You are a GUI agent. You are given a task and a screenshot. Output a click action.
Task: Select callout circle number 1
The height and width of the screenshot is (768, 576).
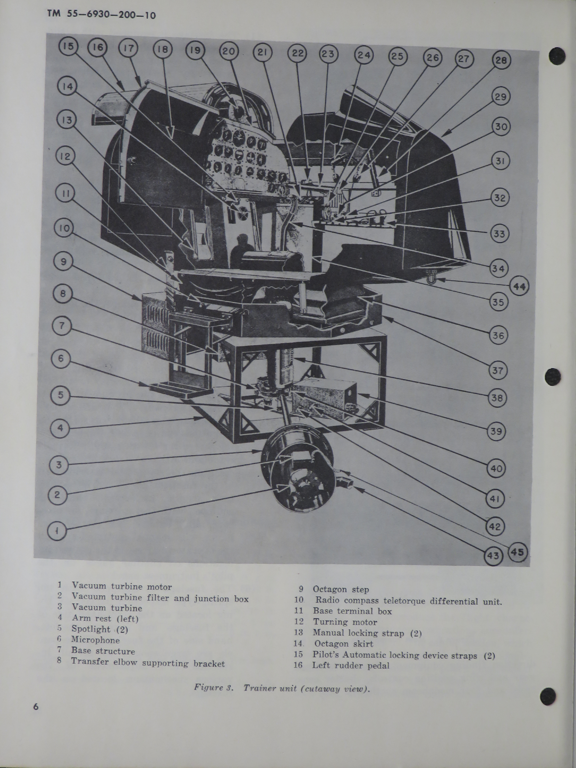pyautogui.click(x=57, y=530)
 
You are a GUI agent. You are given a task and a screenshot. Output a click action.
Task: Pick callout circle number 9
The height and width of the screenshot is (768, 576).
pyautogui.click(x=63, y=261)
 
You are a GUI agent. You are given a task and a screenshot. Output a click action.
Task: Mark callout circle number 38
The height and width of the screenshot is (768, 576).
pyautogui.click(x=497, y=398)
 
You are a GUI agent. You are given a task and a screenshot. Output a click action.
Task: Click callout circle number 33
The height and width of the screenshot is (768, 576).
pyautogui.click(x=499, y=234)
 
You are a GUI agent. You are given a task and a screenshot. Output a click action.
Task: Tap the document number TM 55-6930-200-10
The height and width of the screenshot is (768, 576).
pyautogui.click(x=102, y=15)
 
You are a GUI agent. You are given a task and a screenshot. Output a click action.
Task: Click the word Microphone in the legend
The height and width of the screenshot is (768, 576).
pyautogui.click(x=95, y=640)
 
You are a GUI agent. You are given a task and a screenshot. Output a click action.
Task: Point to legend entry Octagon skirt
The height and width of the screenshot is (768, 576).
pyautogui.click(x=343, y=644)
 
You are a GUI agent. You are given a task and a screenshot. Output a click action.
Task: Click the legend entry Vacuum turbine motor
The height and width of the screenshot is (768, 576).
pyautogui.click(x=122, y=587)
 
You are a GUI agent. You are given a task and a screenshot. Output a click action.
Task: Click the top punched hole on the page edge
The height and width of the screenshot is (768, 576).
pyautogui.click(x=557, y=56)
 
